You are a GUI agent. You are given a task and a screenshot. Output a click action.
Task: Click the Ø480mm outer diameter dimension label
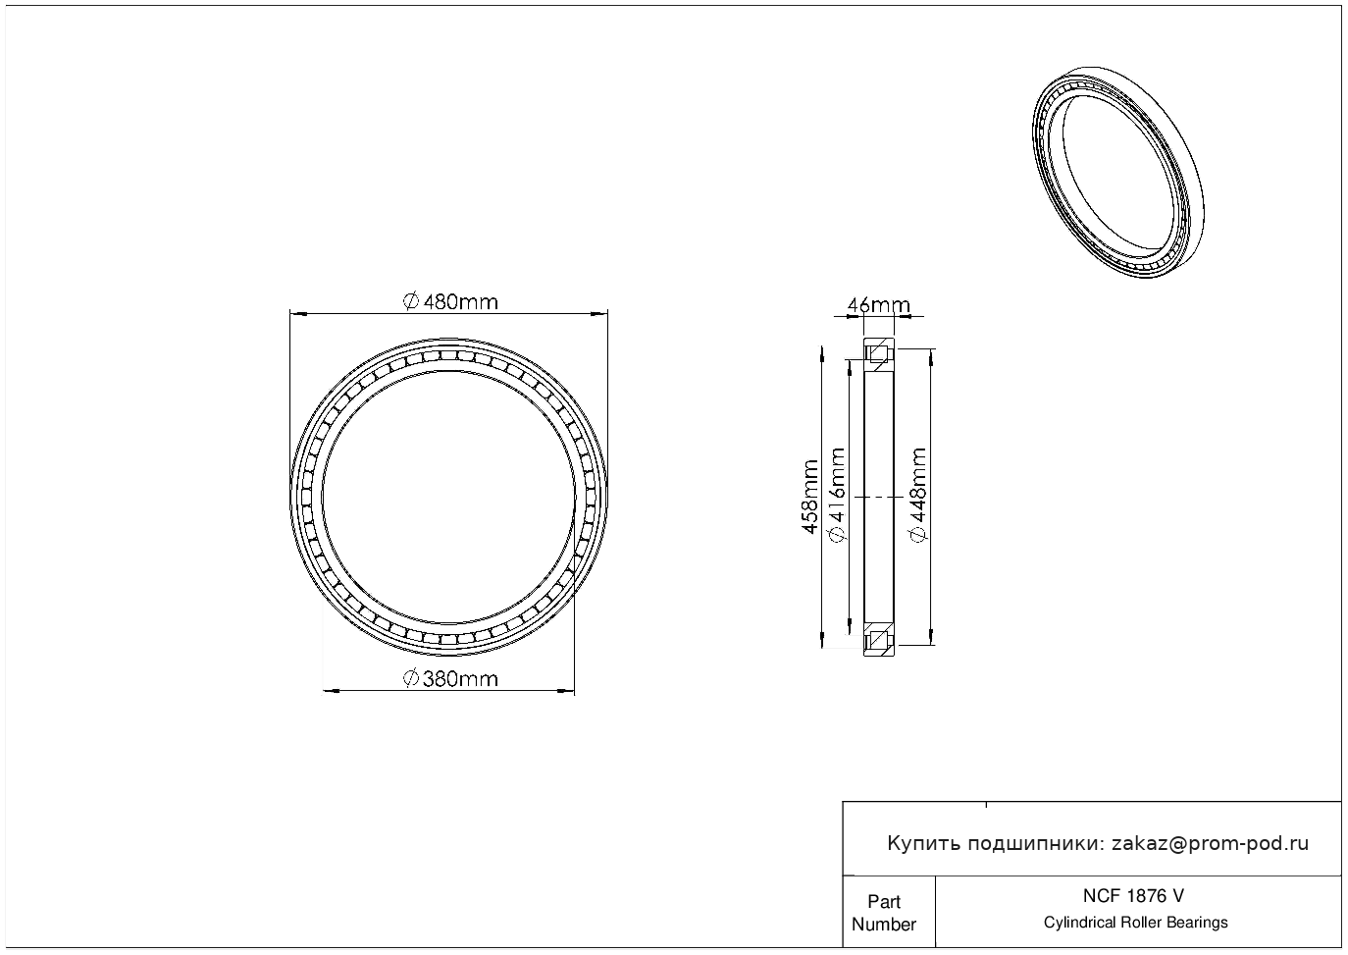[x=450, y=301]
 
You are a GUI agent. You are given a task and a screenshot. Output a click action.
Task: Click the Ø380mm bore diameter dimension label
[x=450, y=678]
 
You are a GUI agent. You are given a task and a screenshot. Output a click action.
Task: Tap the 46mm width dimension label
[x=879, y=305]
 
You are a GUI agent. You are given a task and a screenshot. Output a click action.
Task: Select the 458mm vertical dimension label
[x=810, y=497]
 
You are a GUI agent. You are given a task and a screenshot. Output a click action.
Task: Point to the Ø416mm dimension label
[x=838, y=495]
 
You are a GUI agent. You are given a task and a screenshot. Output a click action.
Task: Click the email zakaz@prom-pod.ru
[x=1211, y=844]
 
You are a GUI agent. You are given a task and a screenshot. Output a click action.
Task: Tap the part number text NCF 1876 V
[x=1134, y=896]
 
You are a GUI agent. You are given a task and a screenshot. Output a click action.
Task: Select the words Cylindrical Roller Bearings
[x=1135, y=923]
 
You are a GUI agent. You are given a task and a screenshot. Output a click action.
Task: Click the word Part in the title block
[x=884, y=901]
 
